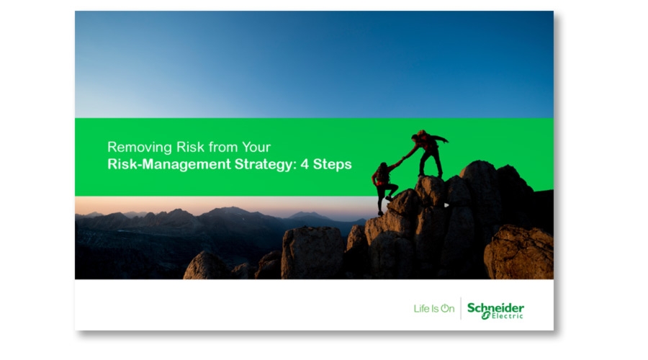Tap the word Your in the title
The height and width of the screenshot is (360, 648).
point(256,147)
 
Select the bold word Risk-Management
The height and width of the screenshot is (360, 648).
point(169,164)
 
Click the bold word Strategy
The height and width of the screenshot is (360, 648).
point(265,164)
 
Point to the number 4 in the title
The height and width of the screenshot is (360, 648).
point(305,164)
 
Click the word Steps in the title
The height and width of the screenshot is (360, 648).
point(332,164)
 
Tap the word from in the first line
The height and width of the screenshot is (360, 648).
point(223,147)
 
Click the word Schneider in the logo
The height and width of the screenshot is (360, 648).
point(495,308)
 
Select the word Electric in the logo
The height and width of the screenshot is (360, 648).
point(507,316)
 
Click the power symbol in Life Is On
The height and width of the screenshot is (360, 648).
point(445,308)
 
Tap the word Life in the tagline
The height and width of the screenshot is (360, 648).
point(421,309)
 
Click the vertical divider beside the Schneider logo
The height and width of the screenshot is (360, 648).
point(461,308)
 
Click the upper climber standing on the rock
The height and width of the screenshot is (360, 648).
point(428,153)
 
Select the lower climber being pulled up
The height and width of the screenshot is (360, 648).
point(384,186)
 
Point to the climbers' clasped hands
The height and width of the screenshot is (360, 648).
point(401,160)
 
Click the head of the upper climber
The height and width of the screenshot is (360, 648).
point(415,137)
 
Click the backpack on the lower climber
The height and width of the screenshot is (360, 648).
point(381,174)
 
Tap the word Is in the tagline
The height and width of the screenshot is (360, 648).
point(435,309)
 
